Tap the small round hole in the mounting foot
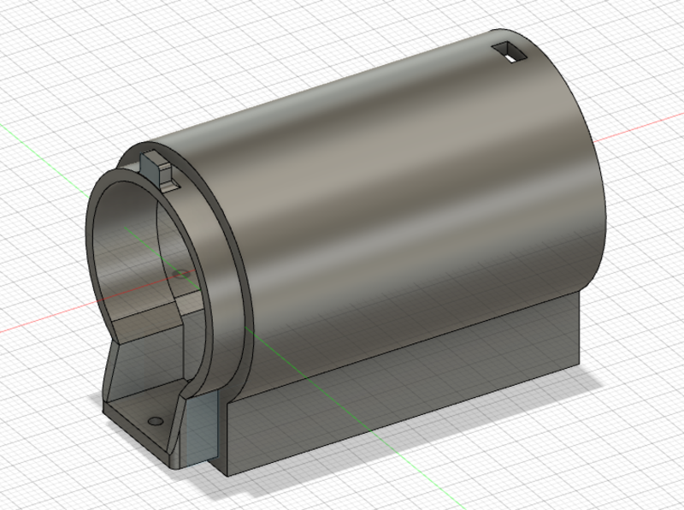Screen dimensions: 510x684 click(x=154, y=422)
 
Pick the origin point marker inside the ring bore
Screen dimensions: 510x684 click(x=179, y=274)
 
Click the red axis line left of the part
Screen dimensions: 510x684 click(x=43, y=323)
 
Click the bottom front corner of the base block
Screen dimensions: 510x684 click(x=223, y=473)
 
